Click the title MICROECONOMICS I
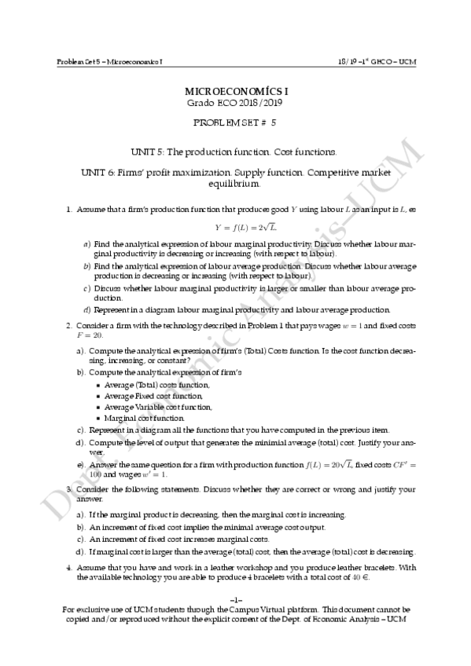pyautogui.click(x=235, y=92)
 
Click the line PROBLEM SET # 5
pyautogui.click(x=235, y=123)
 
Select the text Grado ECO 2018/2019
pyautogui.click(x=235, y=103)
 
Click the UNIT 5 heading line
pyautogui.click(x=235, y=150)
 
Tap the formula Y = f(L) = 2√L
pyautogui.click(x=235, y=228)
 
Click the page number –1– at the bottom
pyautogui.click(x=235, y=601)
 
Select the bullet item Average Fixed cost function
pyautogui.click(x=148, y=397)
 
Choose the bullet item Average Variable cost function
pyautogui.click(x=153, y=408)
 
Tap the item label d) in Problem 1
pyautogui.click(x=86, y=309)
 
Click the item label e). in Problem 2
pyautogui.click(x=81, y=465)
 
